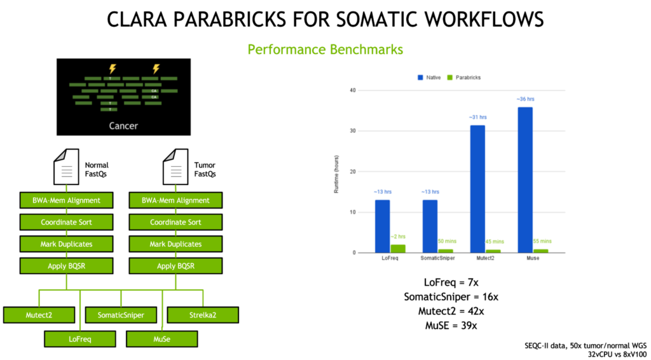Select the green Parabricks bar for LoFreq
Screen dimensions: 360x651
click(398, 249)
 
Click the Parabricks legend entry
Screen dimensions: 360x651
click(466, 77)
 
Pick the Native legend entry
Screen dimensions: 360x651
click(430, 77)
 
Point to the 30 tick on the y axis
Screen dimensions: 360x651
click(353, 131)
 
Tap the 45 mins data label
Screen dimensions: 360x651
click(494, 242)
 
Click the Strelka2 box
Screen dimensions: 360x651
click(203, 314)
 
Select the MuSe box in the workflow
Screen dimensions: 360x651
click(161, 339)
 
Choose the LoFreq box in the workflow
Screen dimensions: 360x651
click(80, 339)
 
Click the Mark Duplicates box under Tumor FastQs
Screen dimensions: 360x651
click(175, 244)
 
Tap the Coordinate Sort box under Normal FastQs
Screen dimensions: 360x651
click(67, 222)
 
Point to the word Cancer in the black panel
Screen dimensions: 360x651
click(123, 125)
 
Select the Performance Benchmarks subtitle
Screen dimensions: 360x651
click(325, 49)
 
